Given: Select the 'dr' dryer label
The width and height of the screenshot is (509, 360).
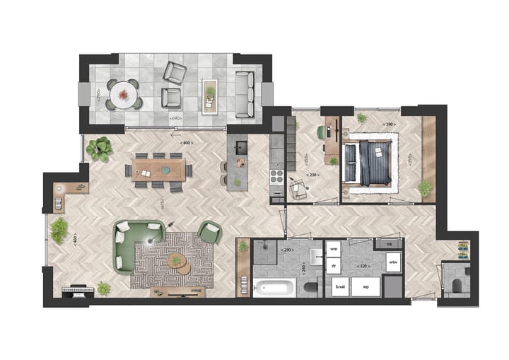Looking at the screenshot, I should pos(333,266).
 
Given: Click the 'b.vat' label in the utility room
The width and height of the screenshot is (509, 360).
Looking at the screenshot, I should pos(341,286).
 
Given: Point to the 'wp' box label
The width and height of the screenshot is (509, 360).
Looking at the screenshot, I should pos(366,286).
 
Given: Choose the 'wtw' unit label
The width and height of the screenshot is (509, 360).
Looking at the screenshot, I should pos(392,263).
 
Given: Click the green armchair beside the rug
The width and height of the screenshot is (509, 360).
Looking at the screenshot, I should pos(209,232).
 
